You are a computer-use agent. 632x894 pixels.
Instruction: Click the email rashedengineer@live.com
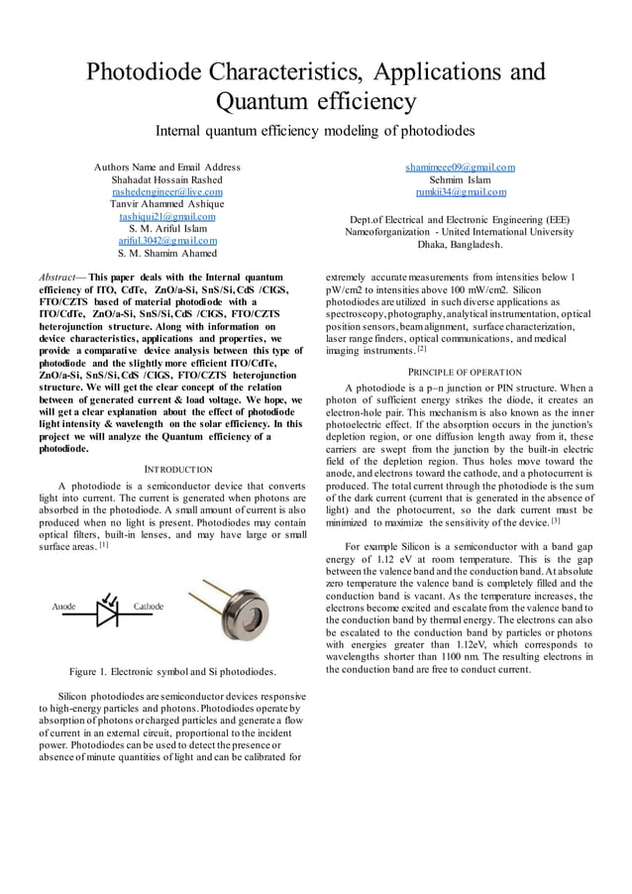pos(166,191)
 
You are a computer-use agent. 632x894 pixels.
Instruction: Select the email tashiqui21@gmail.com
pos(166,215)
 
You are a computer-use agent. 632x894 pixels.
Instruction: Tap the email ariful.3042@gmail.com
pos(166,240)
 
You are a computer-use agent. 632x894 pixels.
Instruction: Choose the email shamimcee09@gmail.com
pos(460,168)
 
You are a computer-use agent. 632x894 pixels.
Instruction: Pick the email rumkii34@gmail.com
pos(460,191)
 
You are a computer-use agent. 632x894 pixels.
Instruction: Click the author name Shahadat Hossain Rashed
pos(166,179)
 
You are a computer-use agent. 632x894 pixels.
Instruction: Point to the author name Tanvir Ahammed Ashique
pos(166,203)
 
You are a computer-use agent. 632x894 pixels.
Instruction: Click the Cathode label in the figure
pos(149,606)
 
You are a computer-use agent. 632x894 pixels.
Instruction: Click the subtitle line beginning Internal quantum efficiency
pos(316,131)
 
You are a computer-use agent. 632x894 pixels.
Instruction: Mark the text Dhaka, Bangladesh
pos(460,244)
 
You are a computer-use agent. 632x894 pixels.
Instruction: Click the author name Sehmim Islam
pos(460,179)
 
